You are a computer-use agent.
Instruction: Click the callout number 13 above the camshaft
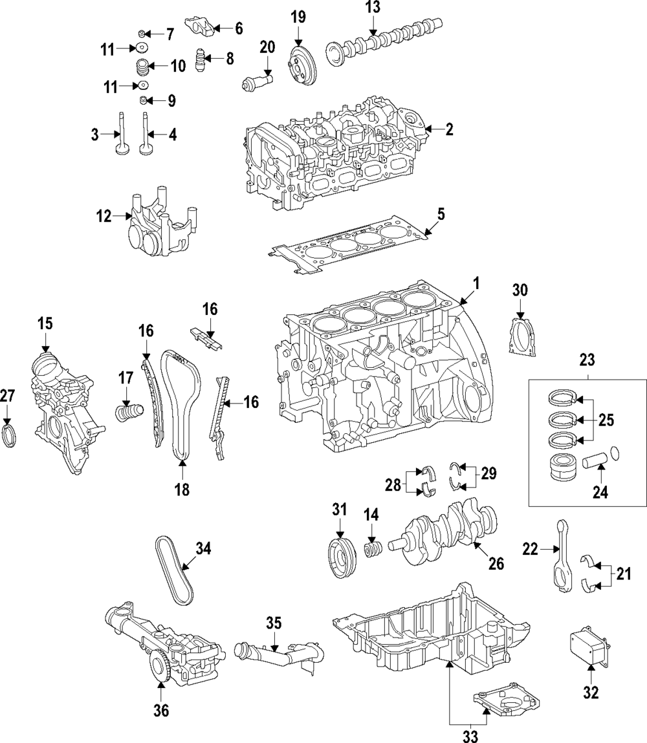point(373,8)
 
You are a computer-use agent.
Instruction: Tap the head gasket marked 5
point(350,246)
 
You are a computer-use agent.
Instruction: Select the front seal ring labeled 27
point(10,436)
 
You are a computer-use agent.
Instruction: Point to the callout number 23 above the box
point(587,360)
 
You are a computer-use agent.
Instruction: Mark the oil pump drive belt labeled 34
point(174,570)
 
